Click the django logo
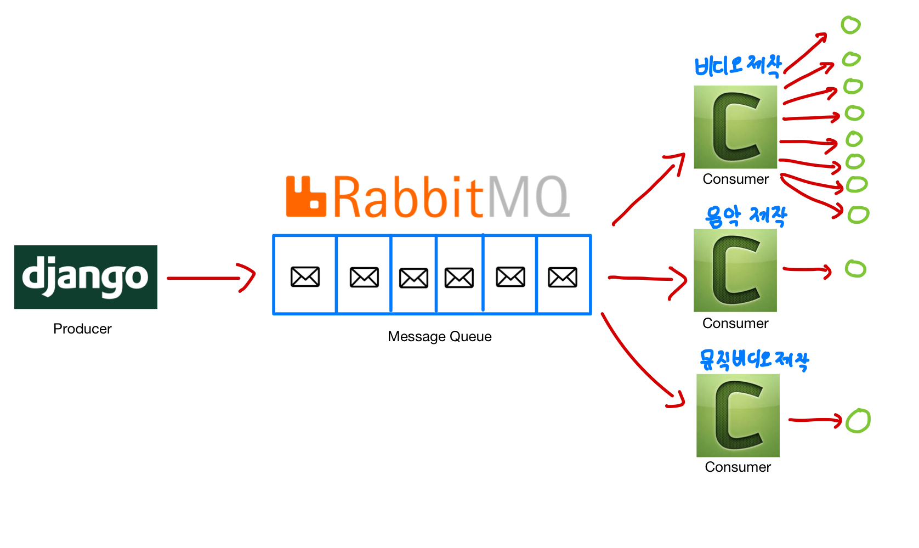(86, 277)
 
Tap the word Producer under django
(82, 329)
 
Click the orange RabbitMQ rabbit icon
(306, 196)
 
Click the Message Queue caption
(440, 337)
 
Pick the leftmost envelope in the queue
(305, 276)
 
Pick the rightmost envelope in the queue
(563, 277)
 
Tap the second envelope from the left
(364, 278)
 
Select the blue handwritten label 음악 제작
(746, 216)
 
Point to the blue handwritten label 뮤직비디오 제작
(754, 360)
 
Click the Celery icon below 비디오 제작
(736, 127)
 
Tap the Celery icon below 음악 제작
(735, 270)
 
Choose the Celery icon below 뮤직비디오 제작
(738, 415)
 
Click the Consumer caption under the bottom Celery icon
(738, 467)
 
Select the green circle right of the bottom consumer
(858, 421)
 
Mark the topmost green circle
(851, 25)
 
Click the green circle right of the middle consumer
(856, 269)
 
